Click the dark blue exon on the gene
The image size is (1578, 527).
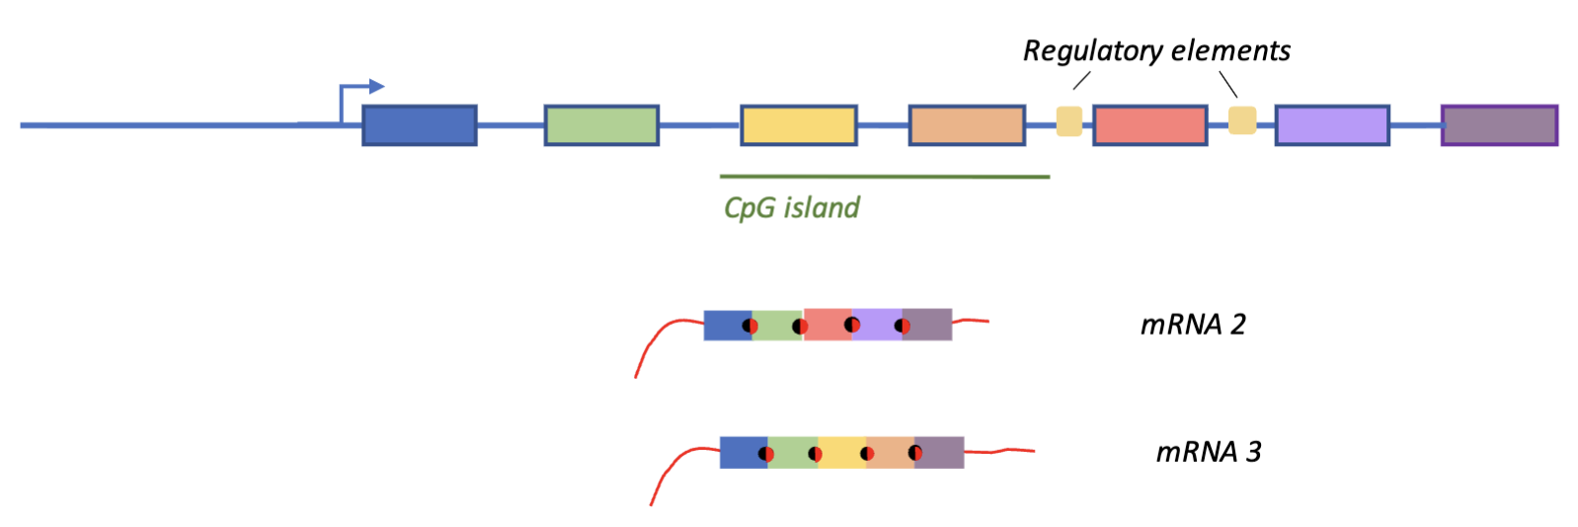click(420, 125)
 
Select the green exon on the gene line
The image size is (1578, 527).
click(601, 125)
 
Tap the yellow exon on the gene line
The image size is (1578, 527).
click(798, 125)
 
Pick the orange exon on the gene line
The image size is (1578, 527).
click(967, 125)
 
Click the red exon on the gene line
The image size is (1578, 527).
click(1149, 125)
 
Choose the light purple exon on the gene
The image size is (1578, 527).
click(1332, 125)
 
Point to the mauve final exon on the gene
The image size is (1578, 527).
click(1499, 125)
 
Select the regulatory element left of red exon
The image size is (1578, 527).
click(1069, 120)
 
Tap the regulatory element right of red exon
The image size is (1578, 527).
click(1242, 120)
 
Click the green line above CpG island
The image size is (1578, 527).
click(884, 177)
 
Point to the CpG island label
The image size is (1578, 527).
click(791, 207)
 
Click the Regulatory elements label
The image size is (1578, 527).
click(1156, 50)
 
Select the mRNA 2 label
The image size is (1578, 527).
click(1193, 324)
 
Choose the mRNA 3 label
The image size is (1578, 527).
click(1209, 451)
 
